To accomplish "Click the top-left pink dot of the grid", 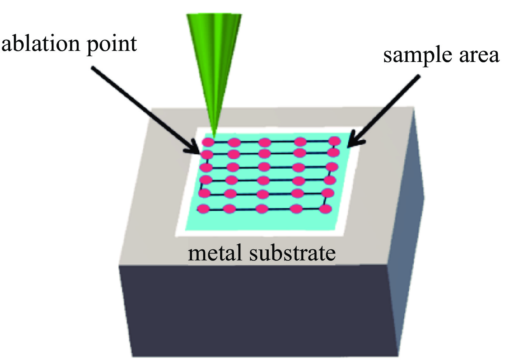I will (x=208, y=142).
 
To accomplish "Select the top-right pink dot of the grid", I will (x=334, y=141).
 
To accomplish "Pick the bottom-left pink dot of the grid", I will (x=203, y=209).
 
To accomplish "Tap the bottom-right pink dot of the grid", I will (x=325, y=209).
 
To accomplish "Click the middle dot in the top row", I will (x=265, y=142).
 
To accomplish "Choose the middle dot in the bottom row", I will (x=262, y=209).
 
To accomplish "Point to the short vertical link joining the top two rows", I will (x=334, y=146).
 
